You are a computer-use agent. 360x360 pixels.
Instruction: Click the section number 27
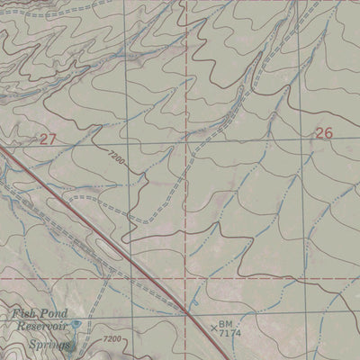[x=48, y=139]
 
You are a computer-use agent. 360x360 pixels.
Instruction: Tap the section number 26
[x=324, y=133]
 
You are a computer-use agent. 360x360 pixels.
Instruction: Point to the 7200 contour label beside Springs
[x=112, y=339]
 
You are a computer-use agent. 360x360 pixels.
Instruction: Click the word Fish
[x=23, y=314]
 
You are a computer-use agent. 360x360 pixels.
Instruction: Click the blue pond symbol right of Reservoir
[x=77, y=326]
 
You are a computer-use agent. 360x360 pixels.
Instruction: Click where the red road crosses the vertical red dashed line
[x=188, y=309]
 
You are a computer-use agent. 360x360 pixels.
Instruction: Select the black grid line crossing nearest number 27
[x=126, y=142]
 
